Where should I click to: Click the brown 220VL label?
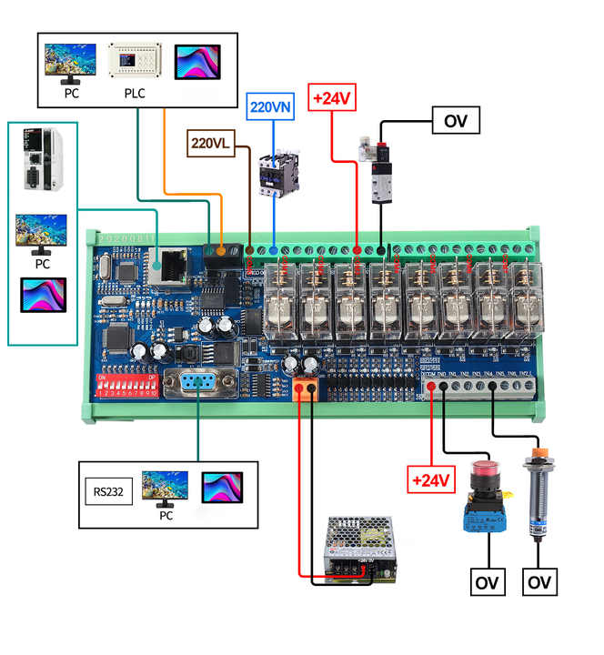212,142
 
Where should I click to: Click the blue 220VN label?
272,106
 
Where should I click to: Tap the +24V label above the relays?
332,97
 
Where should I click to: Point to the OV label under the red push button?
488,581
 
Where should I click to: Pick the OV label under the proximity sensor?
540,581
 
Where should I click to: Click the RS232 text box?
107,494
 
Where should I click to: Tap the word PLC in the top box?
135,93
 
